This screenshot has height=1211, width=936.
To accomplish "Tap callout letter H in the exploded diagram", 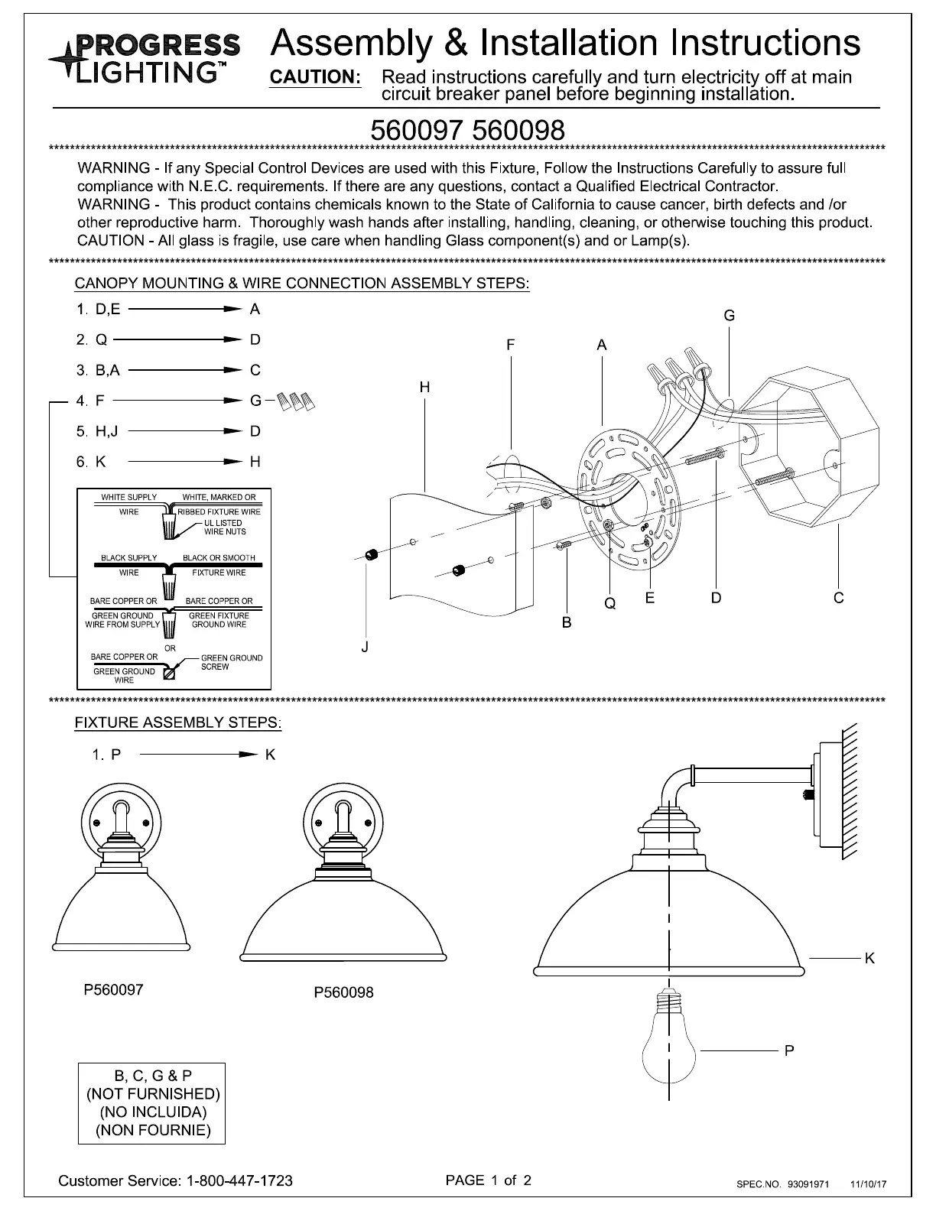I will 424,388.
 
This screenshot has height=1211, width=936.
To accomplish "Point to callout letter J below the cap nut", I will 365,648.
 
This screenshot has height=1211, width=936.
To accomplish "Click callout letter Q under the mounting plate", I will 609,603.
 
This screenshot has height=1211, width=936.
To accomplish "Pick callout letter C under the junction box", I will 839,598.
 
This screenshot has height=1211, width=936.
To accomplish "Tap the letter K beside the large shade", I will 869,958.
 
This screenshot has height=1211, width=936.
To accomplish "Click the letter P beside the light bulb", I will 789,1051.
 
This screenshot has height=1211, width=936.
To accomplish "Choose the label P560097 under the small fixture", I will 113,989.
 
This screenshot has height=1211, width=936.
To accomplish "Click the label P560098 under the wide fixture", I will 343,992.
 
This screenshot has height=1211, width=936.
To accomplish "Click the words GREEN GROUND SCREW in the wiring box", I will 231,662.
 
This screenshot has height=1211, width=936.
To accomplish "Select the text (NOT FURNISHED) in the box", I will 153,1094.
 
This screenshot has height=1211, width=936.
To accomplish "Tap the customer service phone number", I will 239,1180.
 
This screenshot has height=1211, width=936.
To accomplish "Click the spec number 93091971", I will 808,1185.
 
